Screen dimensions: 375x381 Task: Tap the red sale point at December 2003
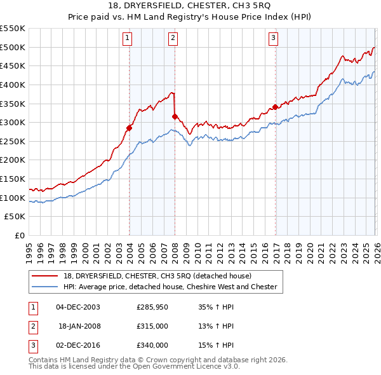[x=129, y=128]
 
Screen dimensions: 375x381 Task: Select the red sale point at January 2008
[x=175, y=116]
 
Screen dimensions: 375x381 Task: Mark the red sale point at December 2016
[x=275, y=107]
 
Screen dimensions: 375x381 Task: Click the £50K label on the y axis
[x=15, y=217]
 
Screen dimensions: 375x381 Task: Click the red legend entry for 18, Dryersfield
[x=157, y=276]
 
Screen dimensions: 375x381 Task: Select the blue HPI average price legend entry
[x=170, y=287]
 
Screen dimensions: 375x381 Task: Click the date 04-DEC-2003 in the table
[x=78, y=307]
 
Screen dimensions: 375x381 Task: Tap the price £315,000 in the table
[x=152, y=326]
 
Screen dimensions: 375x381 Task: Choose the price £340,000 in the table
[x=152, y=345]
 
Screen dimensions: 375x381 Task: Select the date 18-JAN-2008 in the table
[x=79, y=326]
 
